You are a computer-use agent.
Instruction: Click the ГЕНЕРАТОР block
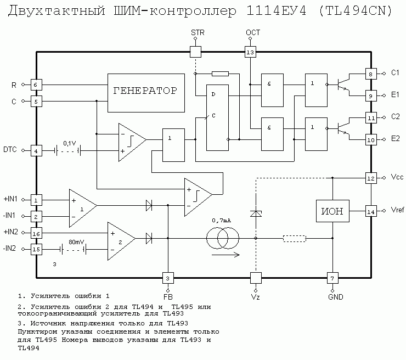[145, 91]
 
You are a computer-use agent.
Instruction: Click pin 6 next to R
[36, 85]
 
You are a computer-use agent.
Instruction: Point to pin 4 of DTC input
[36, 150]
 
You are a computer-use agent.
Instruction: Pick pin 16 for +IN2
[36, 234]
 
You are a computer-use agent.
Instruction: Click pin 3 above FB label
[168, 277]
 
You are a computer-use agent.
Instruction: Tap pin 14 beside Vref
[371, 211]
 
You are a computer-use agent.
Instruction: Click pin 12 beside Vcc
[371, 178]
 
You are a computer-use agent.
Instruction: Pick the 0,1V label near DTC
[70, 143]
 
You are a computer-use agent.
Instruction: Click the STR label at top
[198, 33]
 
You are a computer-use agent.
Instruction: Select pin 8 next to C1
[371, 74]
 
